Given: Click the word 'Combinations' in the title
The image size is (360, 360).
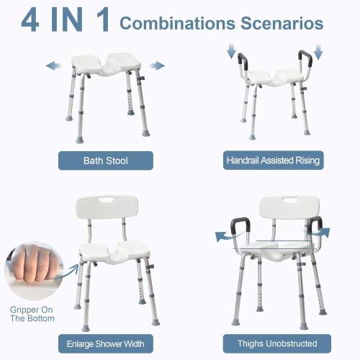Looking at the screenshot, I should coord(176,23).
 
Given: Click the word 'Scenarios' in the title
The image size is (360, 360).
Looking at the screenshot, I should coord(282,23).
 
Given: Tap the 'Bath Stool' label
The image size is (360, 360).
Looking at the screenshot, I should coord(105,160).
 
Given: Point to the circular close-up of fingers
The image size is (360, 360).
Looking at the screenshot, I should coord(32,268).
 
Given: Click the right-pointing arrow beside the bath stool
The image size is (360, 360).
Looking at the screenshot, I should coord(156,66).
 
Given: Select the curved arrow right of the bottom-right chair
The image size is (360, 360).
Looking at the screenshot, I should coord(325,232).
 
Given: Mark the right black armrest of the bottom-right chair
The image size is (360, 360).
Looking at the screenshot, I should coord(314,225).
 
